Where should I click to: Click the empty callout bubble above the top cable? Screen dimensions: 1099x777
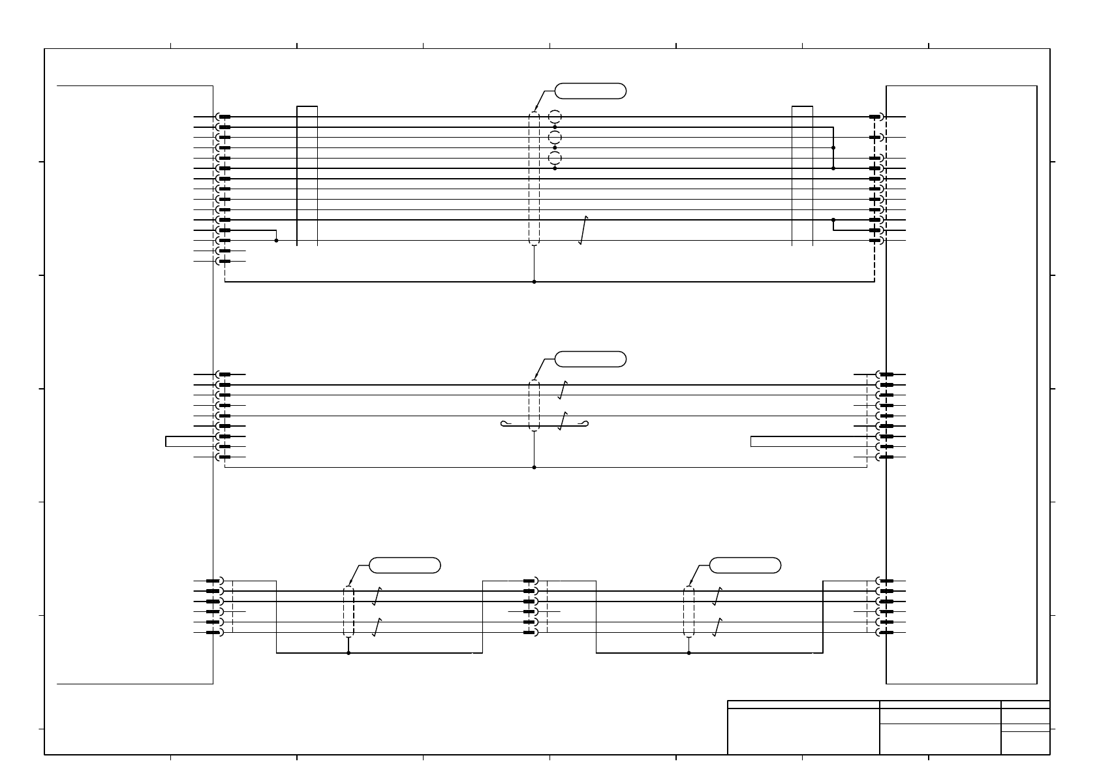click(590, 91)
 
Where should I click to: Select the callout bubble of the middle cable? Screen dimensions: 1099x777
click(590, 358)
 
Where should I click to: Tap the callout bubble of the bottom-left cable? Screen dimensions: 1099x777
click(405, 565)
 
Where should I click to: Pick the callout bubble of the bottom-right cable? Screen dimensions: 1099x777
click(745, 565)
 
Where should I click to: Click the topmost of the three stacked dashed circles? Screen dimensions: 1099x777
click(555, 117)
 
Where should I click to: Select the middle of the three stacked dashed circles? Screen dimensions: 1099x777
click(555, 138)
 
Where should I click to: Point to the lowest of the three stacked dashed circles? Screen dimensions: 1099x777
click(555, 159)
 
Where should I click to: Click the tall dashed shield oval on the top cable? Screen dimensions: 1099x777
click(534, 179)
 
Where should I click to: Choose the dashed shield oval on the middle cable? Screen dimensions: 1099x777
click(534, 405)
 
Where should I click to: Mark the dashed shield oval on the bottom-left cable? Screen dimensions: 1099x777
click(348, 611)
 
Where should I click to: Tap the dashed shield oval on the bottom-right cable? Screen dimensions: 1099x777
click(689, 611)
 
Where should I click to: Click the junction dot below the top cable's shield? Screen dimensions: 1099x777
click(534, 282)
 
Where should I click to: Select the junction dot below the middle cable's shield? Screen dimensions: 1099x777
click(534, 467)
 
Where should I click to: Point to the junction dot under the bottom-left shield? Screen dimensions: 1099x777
click(348, 652)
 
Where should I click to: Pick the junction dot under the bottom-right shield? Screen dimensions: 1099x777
click(689, 652)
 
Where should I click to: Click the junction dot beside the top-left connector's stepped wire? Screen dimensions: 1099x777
click(276, 241)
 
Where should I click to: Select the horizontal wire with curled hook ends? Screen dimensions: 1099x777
click(545, 425)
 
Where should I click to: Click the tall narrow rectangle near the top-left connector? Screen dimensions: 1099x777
click(307, 175)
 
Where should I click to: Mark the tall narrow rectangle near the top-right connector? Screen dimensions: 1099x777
click(802, 175)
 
